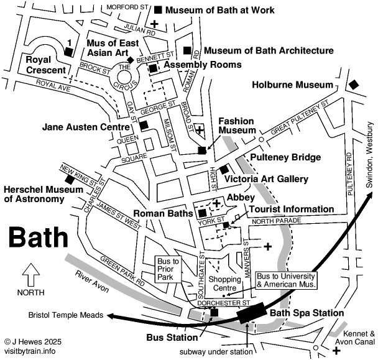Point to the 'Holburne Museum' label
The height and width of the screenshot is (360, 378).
tap(293, 85)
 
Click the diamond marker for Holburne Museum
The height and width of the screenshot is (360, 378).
tap(354, 85)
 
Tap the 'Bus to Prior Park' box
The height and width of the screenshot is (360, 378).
tap(168, 268)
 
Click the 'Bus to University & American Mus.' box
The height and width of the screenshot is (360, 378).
tap(286, 280)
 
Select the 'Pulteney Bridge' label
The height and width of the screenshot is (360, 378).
tap(285, 157)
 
